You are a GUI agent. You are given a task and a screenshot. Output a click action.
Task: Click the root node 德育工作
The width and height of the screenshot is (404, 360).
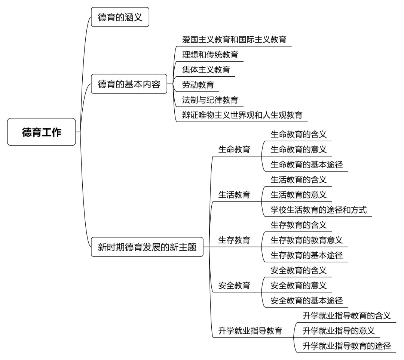42,132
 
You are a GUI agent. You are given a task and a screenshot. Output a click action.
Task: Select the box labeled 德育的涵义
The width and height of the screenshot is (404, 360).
120,17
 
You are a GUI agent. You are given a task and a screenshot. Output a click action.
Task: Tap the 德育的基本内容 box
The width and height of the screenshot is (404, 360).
129,84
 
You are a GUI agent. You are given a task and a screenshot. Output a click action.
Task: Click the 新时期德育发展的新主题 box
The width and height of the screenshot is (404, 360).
147,247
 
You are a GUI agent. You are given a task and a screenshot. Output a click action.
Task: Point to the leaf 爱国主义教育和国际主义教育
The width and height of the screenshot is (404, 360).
234,39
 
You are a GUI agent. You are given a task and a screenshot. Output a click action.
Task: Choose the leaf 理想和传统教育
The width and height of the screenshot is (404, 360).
210,55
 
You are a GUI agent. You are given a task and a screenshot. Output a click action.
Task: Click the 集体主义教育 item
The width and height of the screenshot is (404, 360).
206,70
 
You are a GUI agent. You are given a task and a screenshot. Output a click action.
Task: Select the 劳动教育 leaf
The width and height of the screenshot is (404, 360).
198,85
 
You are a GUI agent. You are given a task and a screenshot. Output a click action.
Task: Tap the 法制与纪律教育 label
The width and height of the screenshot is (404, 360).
210,100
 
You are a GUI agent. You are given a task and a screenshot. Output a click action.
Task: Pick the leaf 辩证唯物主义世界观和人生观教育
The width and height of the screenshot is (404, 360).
242,115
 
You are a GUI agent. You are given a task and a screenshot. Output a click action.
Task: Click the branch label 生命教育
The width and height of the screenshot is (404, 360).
234,150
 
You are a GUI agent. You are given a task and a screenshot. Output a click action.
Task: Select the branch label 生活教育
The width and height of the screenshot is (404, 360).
234,195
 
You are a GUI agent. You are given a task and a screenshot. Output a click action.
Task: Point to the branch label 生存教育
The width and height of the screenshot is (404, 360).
234,240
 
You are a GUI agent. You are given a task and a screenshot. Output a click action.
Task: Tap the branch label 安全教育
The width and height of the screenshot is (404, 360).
234,285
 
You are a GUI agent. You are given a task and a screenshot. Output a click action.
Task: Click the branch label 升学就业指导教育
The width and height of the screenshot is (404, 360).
250,330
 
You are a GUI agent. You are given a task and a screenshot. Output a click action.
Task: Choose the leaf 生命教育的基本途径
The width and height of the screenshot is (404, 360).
307,164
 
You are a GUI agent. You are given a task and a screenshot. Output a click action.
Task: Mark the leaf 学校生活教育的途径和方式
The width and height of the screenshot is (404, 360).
318,210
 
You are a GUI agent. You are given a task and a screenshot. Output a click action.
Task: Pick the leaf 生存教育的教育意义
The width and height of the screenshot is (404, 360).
307,240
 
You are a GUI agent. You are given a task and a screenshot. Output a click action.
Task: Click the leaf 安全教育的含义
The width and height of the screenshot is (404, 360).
299,270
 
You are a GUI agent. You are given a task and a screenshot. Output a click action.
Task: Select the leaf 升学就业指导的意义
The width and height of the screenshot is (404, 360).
339,330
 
